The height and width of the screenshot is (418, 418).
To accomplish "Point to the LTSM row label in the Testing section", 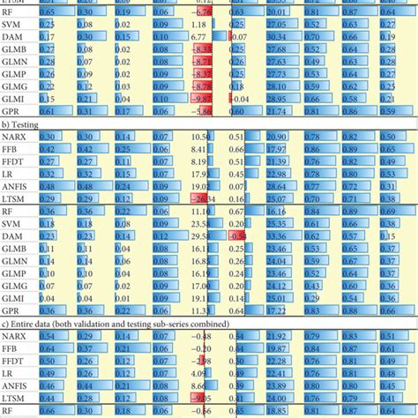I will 14,199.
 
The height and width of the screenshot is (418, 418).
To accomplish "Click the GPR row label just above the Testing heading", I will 13,114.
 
